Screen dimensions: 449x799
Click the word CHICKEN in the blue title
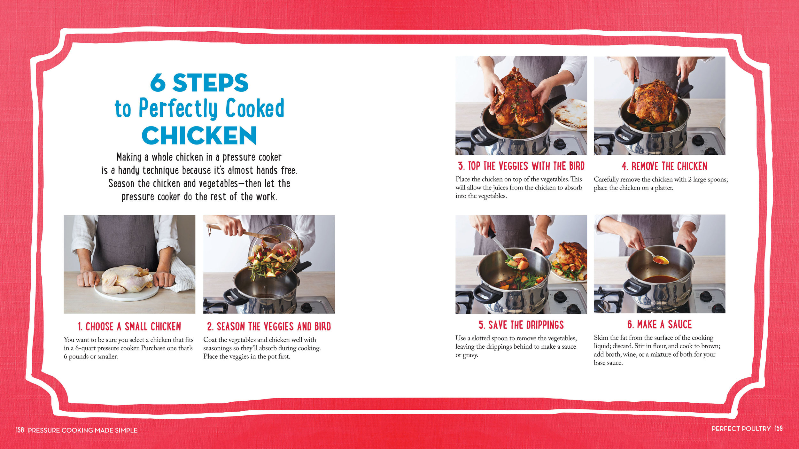pos(199,135)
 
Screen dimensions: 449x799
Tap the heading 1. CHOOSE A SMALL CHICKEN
pos(129,326)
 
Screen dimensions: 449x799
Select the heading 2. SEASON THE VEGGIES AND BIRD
pos(269,326)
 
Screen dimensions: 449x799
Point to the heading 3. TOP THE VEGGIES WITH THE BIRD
pos(521,166)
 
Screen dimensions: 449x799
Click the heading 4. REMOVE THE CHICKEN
pos(664,166)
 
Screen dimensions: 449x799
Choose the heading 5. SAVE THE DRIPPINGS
pos(521,325)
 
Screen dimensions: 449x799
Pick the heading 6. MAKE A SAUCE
pos(659,324)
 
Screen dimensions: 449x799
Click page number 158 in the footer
pos(20,430)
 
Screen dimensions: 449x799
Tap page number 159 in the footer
pos(779,428)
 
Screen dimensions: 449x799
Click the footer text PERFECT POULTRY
pos(741,429)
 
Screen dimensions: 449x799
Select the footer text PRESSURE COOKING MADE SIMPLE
pos(82,430)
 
